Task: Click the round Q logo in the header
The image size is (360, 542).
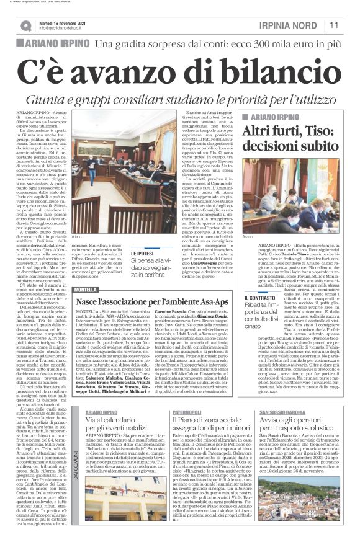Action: click(25, 25)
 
